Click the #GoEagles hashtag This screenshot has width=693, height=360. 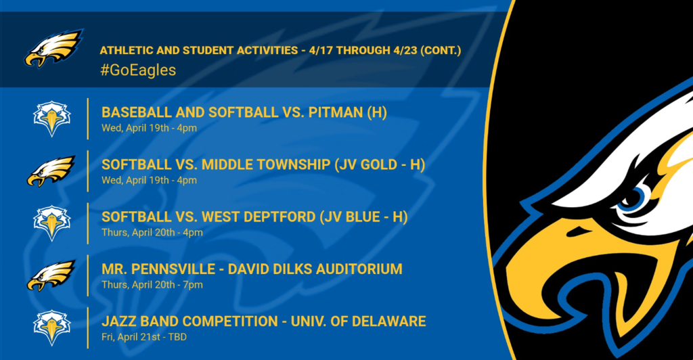138,70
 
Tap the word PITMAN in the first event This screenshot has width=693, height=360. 336,112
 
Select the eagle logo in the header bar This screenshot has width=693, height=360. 53,48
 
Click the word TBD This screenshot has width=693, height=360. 177,337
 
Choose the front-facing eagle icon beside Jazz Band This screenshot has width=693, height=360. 51,328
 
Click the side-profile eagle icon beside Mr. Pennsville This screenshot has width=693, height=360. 51,275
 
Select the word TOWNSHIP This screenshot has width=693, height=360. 294,164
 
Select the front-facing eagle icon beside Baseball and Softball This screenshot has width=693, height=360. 51,118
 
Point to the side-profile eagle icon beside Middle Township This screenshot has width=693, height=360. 51,171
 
